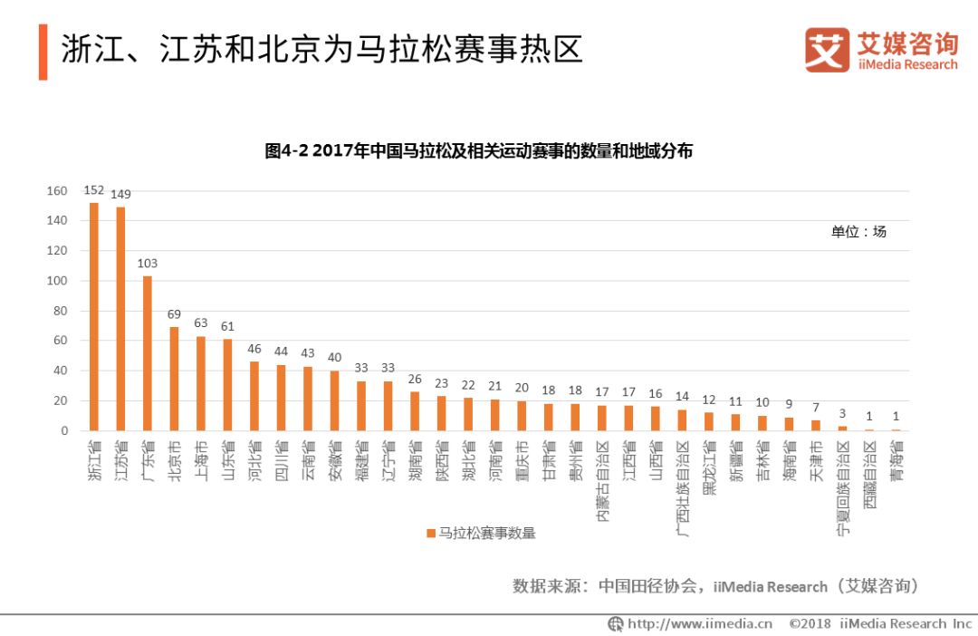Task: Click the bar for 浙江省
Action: [94, 317]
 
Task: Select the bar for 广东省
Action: [148, 353]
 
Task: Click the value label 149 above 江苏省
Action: [120, 194]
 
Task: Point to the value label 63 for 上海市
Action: [201, 323]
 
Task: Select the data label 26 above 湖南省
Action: [415, 379]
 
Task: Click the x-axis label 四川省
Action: [282, 460]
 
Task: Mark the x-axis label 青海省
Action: [896, 460]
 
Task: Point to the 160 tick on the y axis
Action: [57, 191]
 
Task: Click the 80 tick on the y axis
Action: [61, 311]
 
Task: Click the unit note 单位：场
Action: [858, 232]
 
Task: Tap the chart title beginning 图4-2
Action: [478, 151]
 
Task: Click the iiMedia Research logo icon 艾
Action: [827, 50]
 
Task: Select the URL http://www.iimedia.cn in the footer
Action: [690, 623]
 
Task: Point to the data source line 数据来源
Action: [715, 586]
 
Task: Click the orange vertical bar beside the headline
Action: [43, 52]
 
